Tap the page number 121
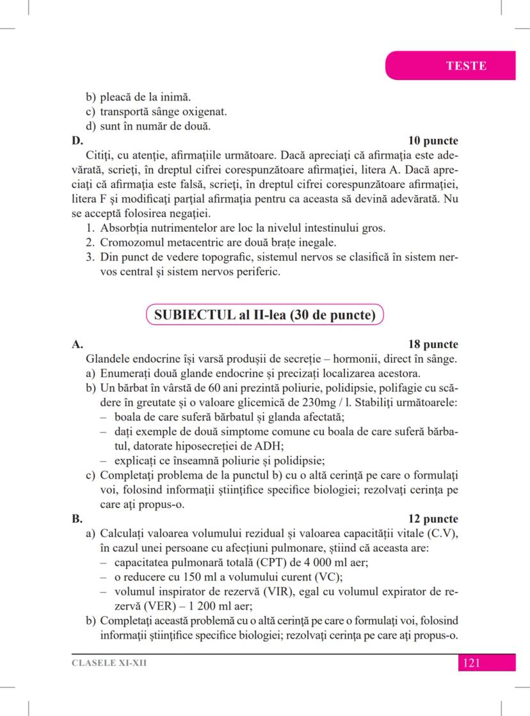point(470,663)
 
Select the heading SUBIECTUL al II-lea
point(264,315)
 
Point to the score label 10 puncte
point(433,140)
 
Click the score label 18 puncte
point(433,345)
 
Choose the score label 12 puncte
point(433,518)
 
